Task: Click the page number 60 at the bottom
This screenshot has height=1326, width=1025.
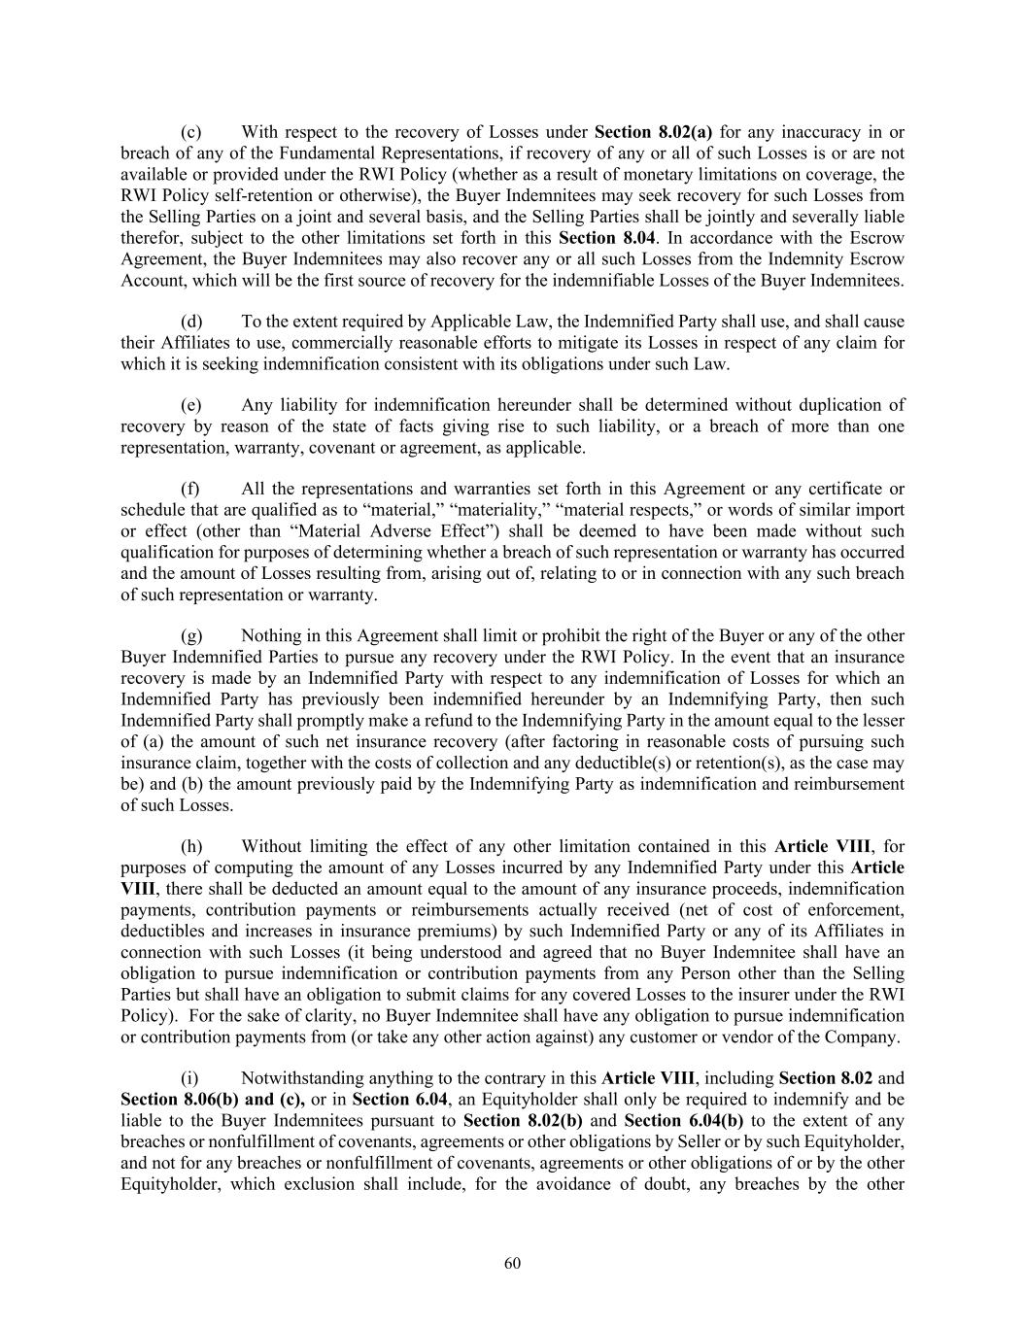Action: [513, 1263]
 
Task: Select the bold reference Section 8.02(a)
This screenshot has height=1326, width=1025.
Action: [653, 132]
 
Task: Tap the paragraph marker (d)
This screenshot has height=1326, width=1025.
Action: [191, 322]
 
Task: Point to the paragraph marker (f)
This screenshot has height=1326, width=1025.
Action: [191, 489]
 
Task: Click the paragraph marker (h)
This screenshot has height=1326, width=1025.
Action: [191, 846]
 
